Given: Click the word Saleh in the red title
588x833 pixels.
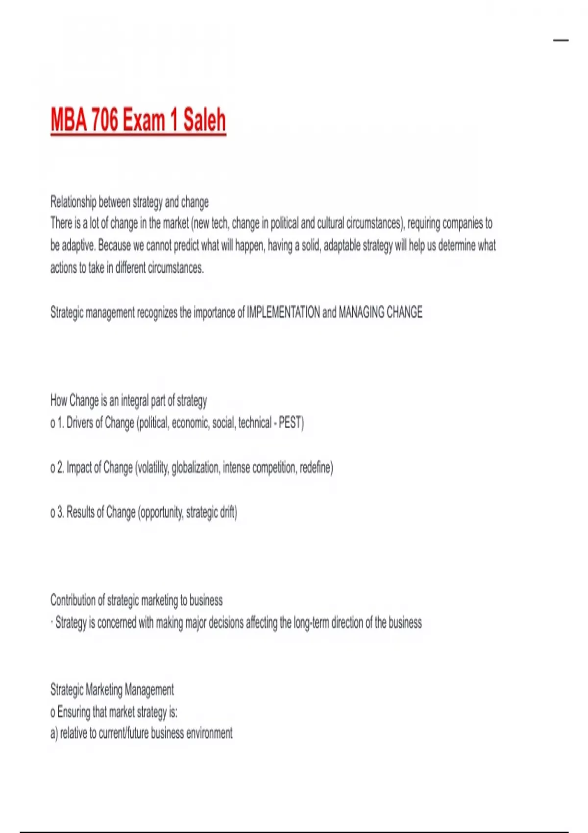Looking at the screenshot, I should [204, 120].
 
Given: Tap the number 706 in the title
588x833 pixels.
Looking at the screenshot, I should [105, 120].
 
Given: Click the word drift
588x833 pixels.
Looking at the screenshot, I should [229, 513].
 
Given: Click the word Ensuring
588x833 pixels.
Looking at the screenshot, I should [73, 711].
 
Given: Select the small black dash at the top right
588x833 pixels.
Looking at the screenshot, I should [561, 40].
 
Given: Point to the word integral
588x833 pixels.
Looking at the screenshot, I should [134, 401].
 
